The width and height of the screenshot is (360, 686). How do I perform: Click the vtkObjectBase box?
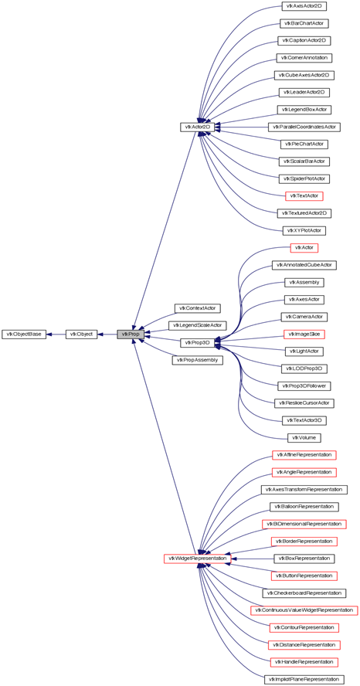pyautogui.click(x=24, y=335)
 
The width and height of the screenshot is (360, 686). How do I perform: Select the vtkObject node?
pyautogui.click(x=81, y=335)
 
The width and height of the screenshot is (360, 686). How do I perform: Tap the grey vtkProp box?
pyautogui.click(x=131, y=335)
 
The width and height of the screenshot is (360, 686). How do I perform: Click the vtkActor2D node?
pyautogui.click(x=196, y=127)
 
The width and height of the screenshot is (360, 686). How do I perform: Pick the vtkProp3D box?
pyautogui.click(x=197, y=342)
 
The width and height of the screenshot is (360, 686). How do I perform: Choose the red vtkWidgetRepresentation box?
pyautogui.click(x=197, y=559)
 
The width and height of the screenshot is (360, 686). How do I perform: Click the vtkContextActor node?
pyautogui.click(x=197, y=308)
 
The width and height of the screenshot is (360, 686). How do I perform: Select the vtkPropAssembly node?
pyautogui.click(x=197, y=360)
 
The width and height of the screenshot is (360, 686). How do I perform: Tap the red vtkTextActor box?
pyautogui.click(x=304, y=196)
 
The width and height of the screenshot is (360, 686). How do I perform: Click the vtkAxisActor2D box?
pyautogui.click(x=304, y=6)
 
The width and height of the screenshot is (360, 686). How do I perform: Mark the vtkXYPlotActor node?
pyautogui.click(x=304, y=230)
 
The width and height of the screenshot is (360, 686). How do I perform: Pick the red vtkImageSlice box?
pyautogui.click(x=304, y=335)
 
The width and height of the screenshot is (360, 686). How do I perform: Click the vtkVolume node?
pyautogui.click(x=304, y=437)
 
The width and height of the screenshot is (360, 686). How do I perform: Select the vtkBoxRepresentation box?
pyautogui.click(x=304, y=559)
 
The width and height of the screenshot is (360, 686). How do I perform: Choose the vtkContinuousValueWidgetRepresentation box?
pyautogui.click(x=304, y=610)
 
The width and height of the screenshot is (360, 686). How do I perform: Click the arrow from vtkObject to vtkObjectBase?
pyautogui.click(x=56, y=335)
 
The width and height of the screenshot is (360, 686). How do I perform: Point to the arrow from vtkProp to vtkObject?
pyautogui.click(x=107, y=335)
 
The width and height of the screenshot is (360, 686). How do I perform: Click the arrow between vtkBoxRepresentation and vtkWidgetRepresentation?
pyautogui.click(x=253, y=559)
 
